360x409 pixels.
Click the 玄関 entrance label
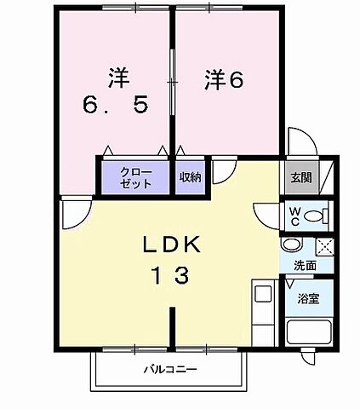coord(300,178)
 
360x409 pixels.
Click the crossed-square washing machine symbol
coord(323,246)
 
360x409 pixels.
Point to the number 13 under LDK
coord(172,275)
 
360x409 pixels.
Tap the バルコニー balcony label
coord(169,371)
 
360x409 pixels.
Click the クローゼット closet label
coord(136,177)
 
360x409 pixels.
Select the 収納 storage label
coord(190,177)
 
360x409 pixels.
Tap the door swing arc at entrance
coord(300,141)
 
